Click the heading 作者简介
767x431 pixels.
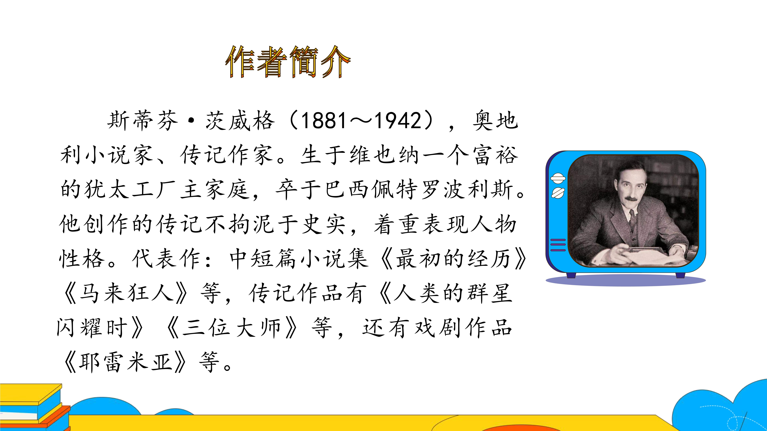click(288, 62)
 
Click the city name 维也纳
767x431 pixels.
click(384, 155)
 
